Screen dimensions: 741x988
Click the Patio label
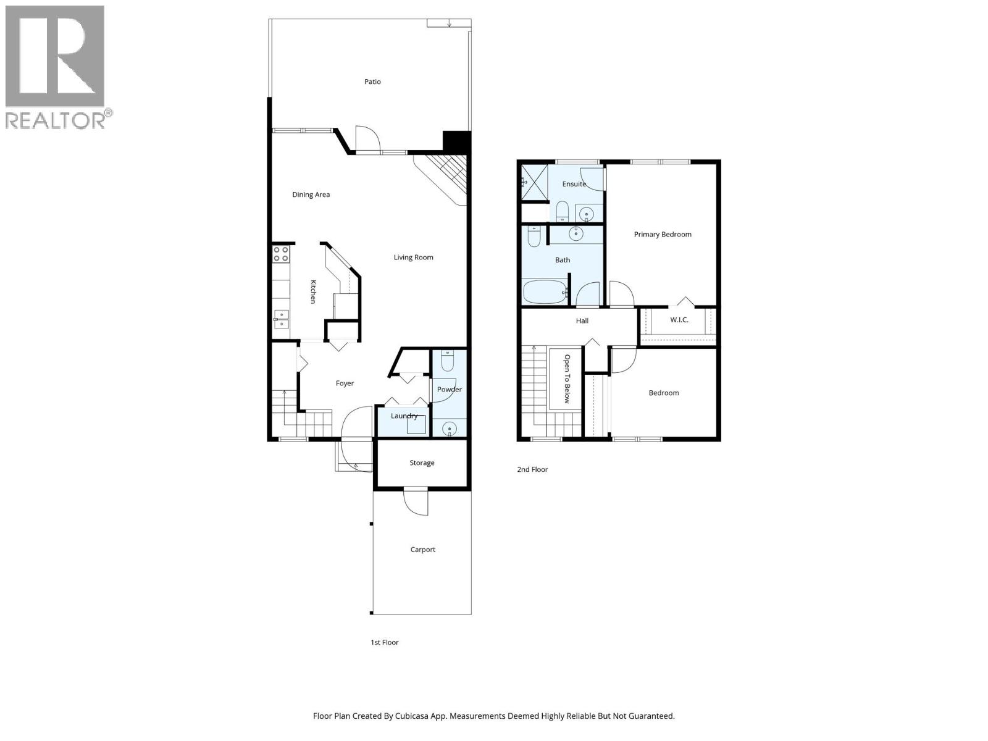[x=372, y=82]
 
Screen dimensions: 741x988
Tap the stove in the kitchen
[x=281, y=254]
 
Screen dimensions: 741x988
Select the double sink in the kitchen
[x=281, y=319]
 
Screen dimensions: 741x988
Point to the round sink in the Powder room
[x=449, y=428]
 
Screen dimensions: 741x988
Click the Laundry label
[x=404, y=416]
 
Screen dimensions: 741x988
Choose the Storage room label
[x=422, y=463]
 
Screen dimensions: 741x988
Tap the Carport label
[x=422, y=549]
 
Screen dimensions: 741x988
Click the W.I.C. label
[x=679, y=320]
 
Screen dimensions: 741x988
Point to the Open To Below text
[x=567, y=379]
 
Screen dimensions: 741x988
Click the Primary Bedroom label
[x=662, y=234]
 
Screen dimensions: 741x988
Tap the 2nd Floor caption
[x=532, y=469]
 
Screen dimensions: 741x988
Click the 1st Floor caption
[x=384, y=642]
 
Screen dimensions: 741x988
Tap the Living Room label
[x=413, y=257]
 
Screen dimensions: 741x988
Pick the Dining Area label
[x=311, y=195]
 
